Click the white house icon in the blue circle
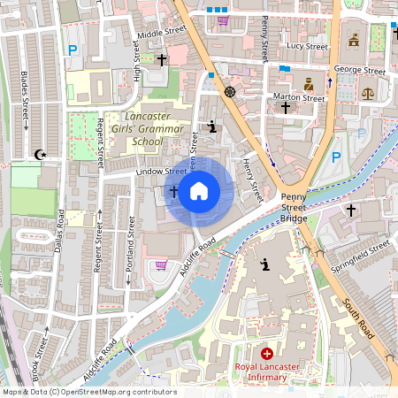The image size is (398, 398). (x=198, y=190)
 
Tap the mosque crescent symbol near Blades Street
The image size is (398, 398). (x=38, y=155)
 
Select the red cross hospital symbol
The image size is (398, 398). (x=267, y=353)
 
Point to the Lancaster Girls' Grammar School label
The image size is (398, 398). (x=135, y=129)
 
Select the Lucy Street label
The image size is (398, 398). (x=307, y=47)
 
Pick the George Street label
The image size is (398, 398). (x=359, y=70)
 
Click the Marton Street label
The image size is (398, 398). (x=300, y=99)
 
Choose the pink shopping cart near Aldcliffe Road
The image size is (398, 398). (x=161, y=264)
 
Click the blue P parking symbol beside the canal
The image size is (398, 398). (x=335, y=157)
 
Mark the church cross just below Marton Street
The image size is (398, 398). (x=285, y=107)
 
